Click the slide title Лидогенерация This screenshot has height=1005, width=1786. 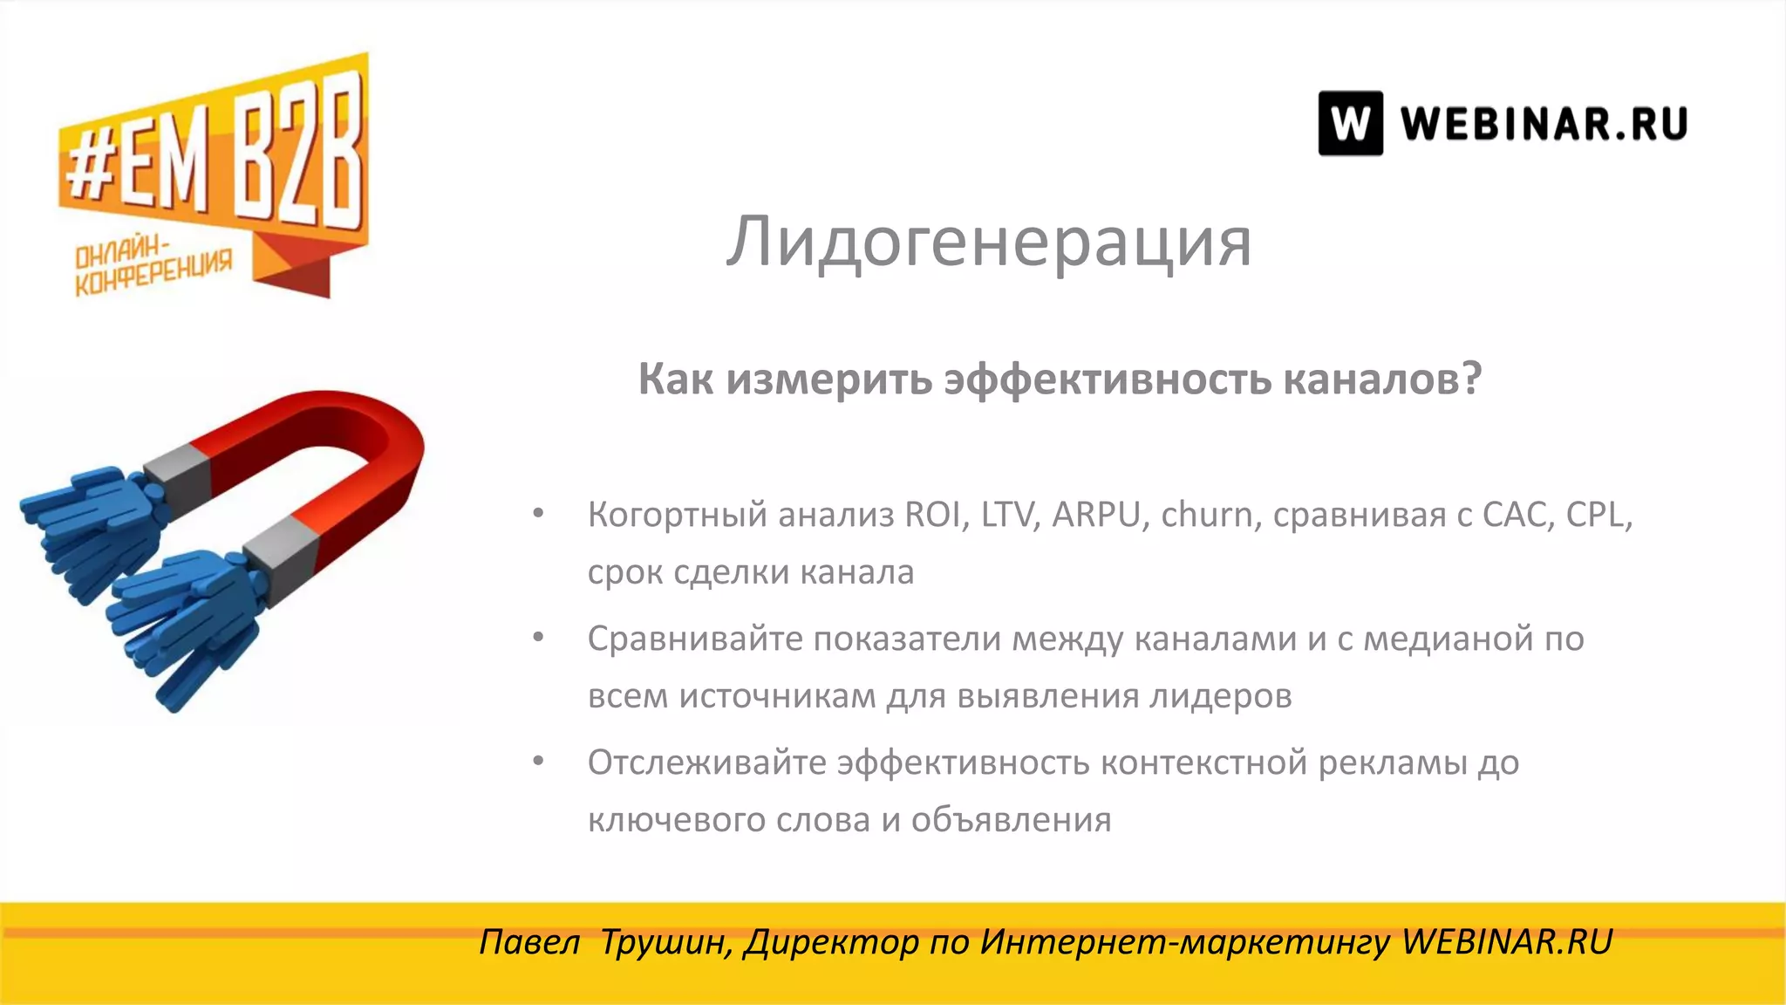pos(989,243)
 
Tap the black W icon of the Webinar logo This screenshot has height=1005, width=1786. pos(1350,123)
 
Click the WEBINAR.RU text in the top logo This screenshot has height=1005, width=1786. pos(1544,123)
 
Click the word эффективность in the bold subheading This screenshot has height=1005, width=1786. pos(1108,379)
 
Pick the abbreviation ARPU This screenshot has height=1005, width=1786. pos(1096,515)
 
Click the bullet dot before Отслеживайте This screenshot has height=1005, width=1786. pos(539,762)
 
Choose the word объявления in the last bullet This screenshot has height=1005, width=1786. pos(1011,821)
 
